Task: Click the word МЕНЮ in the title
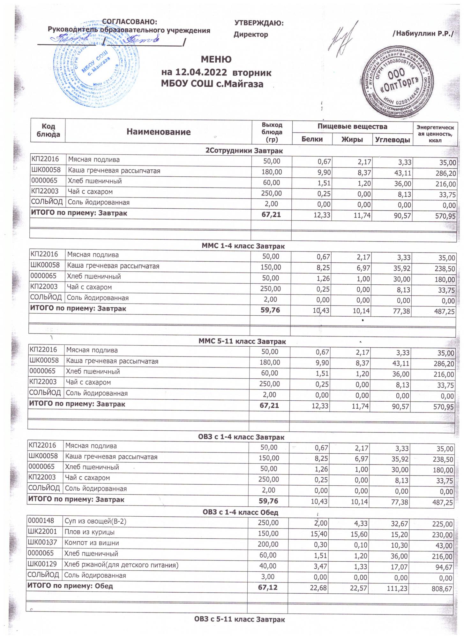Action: click(x=216, y=59)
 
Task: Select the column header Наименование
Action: click(x=158, y=132)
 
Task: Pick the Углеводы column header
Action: click(x=392, y=140)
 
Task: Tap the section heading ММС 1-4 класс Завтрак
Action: click(x=243, y=246)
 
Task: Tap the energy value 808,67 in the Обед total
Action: click(x=442, y=589)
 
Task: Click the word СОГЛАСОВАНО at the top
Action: click(x=130, y=22)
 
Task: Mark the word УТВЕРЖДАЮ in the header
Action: click(x=259, y=23)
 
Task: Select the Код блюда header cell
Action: click(x=48, y=130)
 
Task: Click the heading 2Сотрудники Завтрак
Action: click(x=244, y=150)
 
